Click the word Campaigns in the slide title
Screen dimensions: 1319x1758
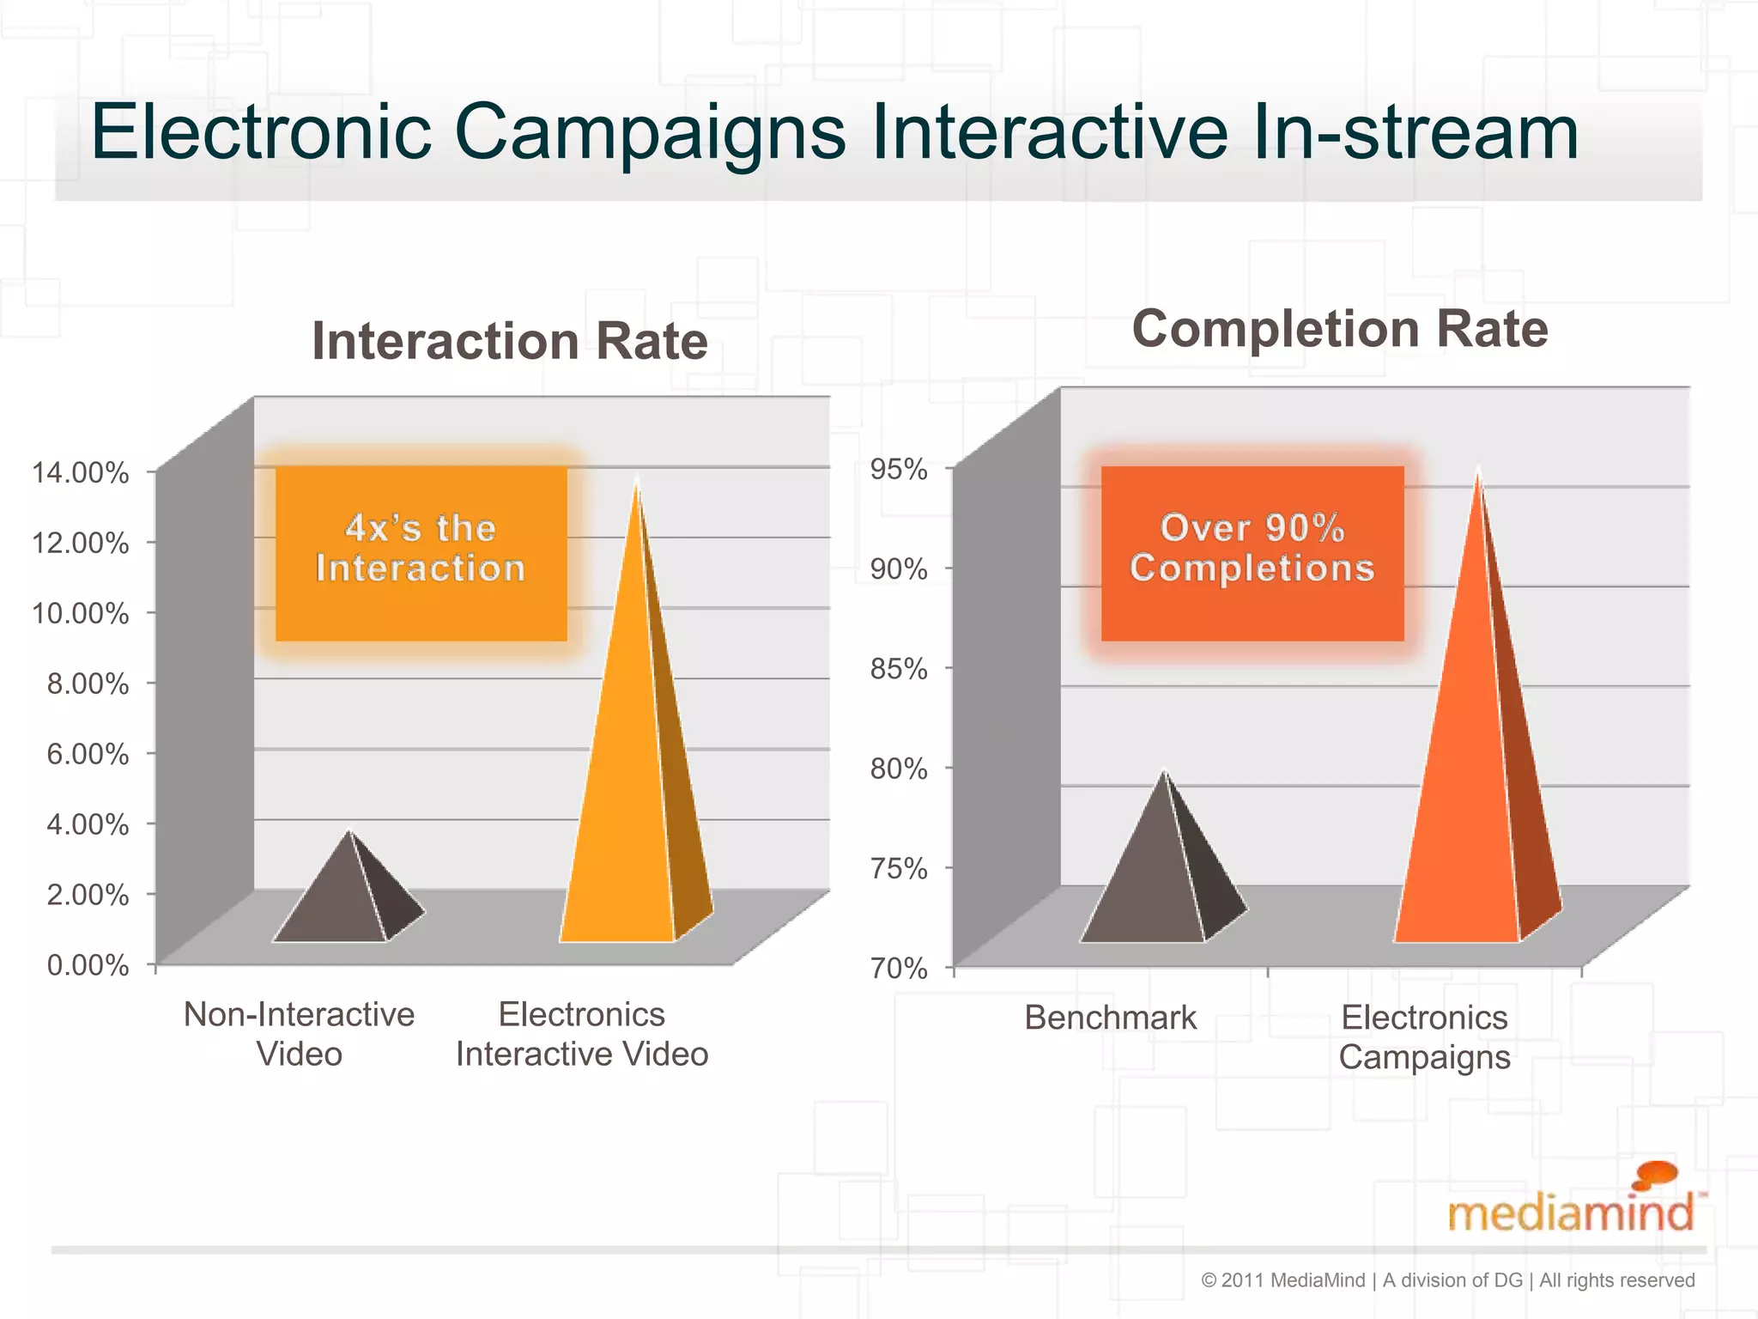(650, 134)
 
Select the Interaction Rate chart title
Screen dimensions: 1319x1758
(510, 342)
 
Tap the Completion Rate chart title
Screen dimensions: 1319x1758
(1340, 329)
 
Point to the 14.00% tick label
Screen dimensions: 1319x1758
(81, 472)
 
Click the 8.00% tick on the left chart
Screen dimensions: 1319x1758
(88, 684)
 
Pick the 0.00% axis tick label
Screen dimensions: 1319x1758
(88, 965)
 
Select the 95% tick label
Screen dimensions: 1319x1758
(899, 469)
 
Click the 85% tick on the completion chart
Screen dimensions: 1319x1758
(899, 669)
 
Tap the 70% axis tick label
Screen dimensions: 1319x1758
(899, 969)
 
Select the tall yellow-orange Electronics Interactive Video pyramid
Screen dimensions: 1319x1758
(627, 773)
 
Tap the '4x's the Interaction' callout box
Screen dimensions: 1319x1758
(421, 552)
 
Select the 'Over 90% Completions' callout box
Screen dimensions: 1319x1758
(1252, 552)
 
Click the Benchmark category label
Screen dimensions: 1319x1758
(1110, 1018)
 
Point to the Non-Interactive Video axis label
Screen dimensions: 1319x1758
(299, 1034)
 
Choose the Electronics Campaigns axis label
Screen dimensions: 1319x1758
(1424, 1037)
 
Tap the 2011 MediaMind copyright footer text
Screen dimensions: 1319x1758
(1448, 1280)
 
